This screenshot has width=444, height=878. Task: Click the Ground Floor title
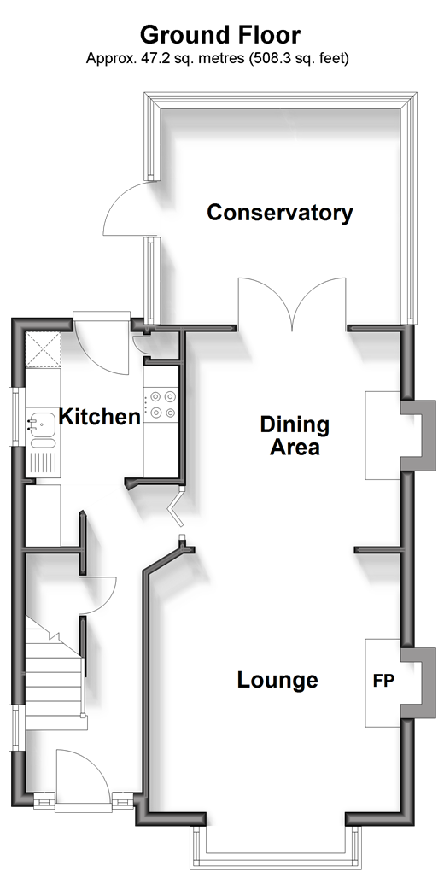point(220,35)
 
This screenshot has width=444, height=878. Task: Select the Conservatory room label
point(280,213)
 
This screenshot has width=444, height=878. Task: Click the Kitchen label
point(100,417)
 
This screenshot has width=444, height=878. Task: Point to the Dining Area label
point(295,436)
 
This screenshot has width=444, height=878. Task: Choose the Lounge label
point(277,680)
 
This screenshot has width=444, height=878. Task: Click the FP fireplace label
point(384,681)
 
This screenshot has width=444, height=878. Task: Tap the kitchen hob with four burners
point(161,405)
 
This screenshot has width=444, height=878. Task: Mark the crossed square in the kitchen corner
point(43,348)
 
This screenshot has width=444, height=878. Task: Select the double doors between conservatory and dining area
point(292,302)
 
